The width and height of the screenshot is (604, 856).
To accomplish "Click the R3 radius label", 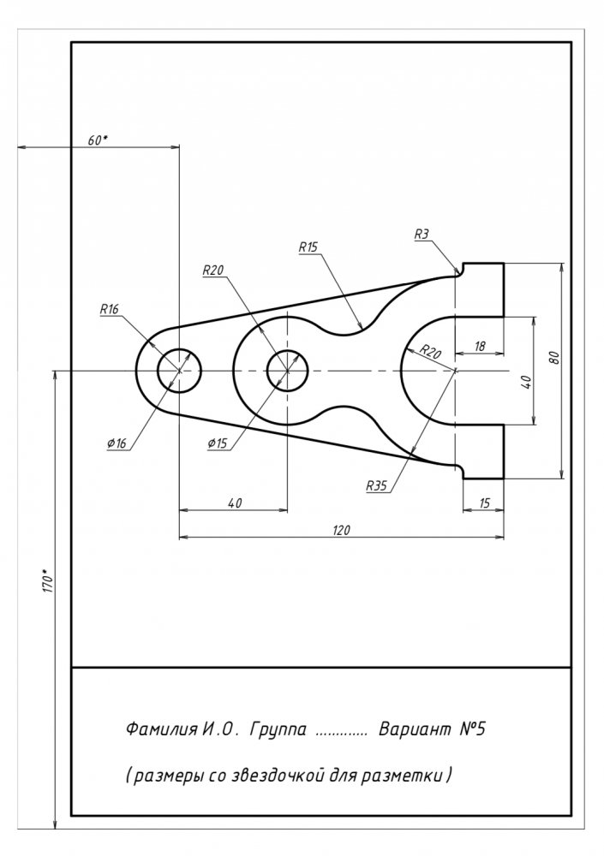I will pos(421,234).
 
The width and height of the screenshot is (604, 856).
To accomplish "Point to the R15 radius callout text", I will pos(308,247).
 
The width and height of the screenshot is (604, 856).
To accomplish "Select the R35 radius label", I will pos(376,485).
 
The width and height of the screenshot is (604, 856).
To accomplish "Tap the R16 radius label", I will pos(109,309).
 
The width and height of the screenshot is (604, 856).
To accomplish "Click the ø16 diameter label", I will pos(117,443).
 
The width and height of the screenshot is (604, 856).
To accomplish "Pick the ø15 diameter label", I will pos(217,443).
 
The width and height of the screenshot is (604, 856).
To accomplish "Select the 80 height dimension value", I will pos(554,358).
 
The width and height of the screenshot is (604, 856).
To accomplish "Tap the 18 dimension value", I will pos(479,346).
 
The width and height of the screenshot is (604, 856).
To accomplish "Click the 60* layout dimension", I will pos(98,140).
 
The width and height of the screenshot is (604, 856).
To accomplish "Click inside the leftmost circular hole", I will pos(179,371).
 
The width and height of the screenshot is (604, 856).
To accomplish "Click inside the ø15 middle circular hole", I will pos(288,371).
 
